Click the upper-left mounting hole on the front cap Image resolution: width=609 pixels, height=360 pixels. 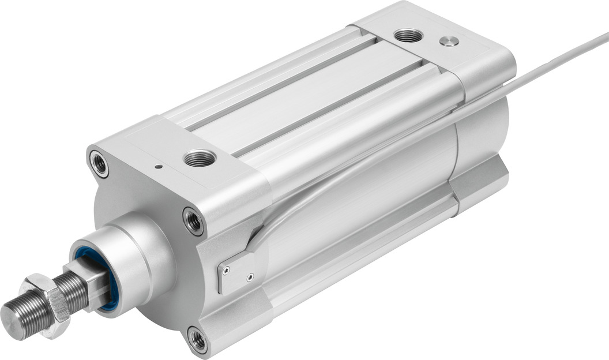(x=99, y=163)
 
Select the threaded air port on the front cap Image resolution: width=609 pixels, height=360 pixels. (x=199, y=157)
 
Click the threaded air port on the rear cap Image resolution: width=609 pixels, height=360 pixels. (x=408, y=35)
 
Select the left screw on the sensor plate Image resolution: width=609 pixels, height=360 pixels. (x=227, y=268)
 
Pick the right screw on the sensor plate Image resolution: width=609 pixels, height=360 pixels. (x=249, y=277)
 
